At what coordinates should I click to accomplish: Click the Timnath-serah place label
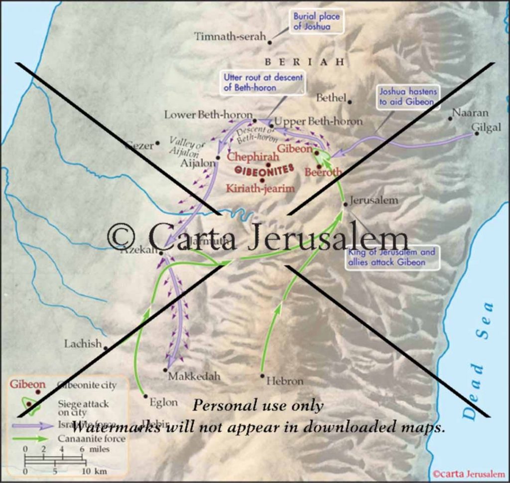coord(230,36)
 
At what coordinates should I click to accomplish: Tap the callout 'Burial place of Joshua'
coord(316,21)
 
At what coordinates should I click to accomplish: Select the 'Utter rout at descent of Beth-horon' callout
coord(262,82)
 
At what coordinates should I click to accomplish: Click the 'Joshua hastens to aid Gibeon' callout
coord(408,97)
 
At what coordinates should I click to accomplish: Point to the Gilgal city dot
coord(477,133)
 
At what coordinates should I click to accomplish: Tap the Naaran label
coord(470,113)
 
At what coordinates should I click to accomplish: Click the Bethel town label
coord(331,98)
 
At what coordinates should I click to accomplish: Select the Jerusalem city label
coord(374,200)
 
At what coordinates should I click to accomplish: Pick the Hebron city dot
coord(262,375)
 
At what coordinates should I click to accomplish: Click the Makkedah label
coord(194,376)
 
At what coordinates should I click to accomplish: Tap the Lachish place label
coord(83,343)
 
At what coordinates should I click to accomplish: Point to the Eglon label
coord(163,402)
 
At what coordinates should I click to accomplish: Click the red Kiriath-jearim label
coord(260,188)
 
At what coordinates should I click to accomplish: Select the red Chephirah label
coord(253,157)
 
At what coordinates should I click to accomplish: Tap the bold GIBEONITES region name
coord(264,170)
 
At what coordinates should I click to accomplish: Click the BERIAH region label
coord(304,62)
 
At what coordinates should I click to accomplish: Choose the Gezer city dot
coord(157,143)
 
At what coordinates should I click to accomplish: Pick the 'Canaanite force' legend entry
coord(91,439)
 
